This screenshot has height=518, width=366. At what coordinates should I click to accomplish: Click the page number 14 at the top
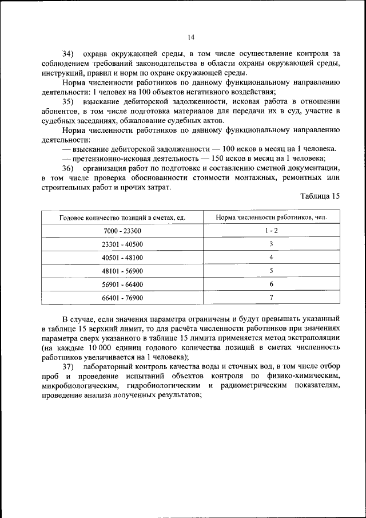click(x=191, y=37)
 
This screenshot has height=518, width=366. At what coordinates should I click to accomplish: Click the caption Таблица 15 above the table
click(x=320, y=196)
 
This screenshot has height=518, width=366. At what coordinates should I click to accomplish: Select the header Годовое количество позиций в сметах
click(x=122, y=218)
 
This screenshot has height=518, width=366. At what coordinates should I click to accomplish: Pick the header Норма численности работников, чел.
click(x=272, y=218)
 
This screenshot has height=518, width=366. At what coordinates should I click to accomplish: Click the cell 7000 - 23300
click(x=122, y=231)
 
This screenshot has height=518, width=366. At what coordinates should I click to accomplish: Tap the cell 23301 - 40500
click(x=122, y=244)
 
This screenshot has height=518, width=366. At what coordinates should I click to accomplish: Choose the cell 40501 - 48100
click(x=122, y=258)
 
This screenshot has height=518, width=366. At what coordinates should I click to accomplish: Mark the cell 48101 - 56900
click(x=122, y=271)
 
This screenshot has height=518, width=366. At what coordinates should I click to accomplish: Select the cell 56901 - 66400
click(x=122, y=284)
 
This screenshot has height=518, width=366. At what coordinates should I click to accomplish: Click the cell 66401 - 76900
click(x=122, y=298)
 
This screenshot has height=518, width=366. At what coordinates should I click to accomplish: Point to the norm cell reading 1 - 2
click(x=272, y=231)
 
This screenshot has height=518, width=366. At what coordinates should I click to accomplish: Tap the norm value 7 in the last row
click(x=272, y=298)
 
